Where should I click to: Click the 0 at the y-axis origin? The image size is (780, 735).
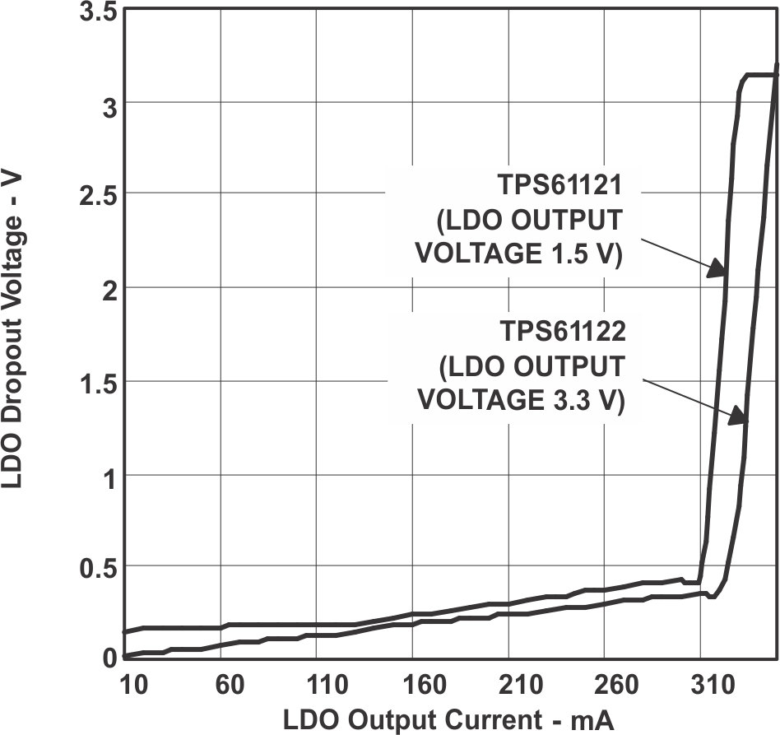[x=107, y=657]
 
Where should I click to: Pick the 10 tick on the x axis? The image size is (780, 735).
[x=133, y=685]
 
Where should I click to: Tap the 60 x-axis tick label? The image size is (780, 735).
[x=229, y=685]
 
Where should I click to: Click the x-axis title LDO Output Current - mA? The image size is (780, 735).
[x=448, y=719]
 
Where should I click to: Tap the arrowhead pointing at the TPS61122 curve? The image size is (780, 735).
[x=739, y=414]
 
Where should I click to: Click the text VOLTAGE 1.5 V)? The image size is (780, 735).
[x=518, y=254]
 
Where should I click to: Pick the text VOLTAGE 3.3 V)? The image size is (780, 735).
[x=522, y=400]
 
